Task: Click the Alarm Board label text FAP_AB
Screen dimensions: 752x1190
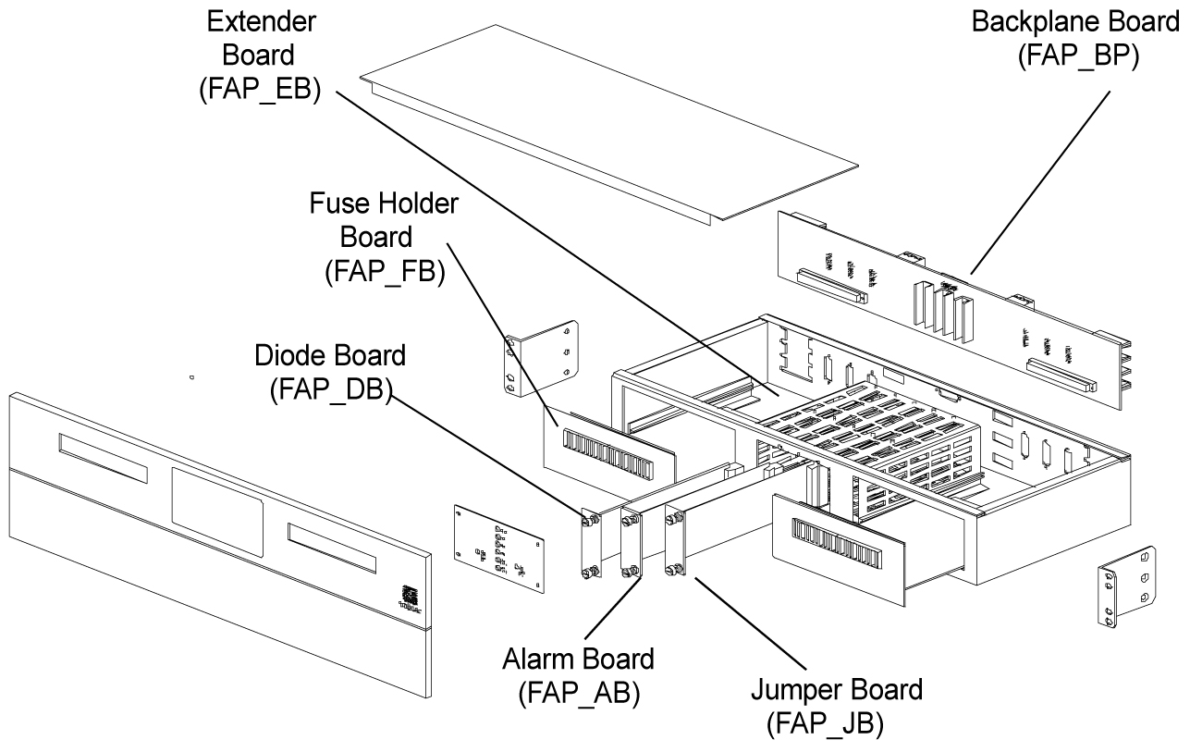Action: (578, 690)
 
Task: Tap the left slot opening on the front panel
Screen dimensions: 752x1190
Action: (102, 459)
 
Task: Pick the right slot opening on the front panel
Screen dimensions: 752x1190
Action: (332, 548)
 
